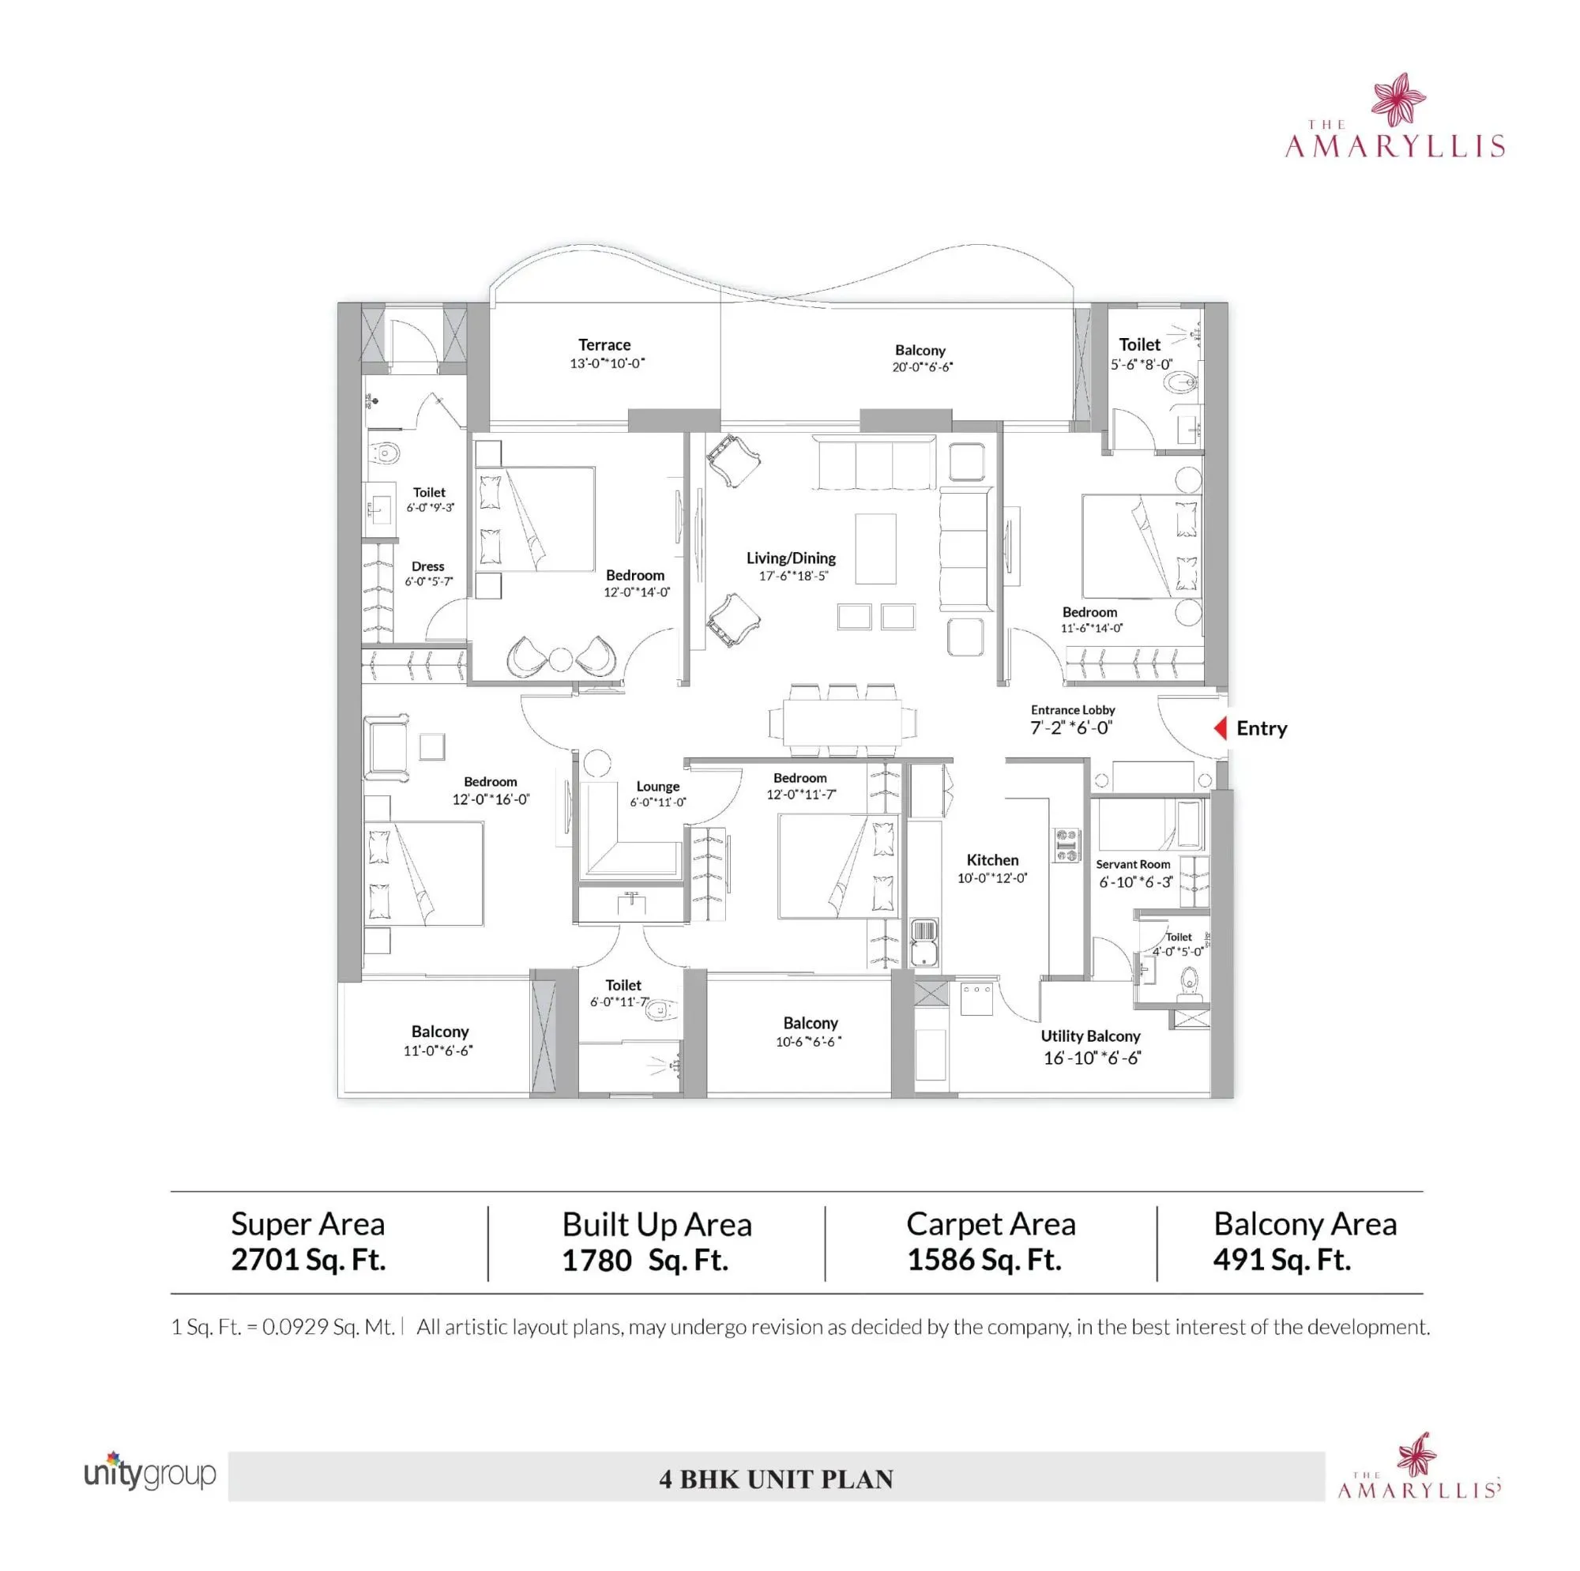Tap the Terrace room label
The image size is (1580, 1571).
click(x=604, y=344)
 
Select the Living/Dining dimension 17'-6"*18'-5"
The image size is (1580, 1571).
click(x=792, y=576)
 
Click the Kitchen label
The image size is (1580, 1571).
click(x=992, y=859)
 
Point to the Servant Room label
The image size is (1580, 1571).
click(x=1133, y=863)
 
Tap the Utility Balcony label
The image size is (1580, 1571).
click(x=1090, y=1035)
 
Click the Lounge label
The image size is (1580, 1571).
click(x=657, y=786)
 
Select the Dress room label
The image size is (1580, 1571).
click(x=427, y=566)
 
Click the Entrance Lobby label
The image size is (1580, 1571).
click(x=1072, y=710)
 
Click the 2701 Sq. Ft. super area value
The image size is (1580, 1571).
click(x=308, y=1260)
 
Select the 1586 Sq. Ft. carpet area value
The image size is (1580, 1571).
click(x=984, y=1260)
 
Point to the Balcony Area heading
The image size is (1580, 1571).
click(x=1304, y=1223)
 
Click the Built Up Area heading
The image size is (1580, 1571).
click(x=656, y=1224)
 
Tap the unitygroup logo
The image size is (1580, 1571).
click(x=149, y=1475)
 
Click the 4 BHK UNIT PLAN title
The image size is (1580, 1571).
click(x=776, y=1479)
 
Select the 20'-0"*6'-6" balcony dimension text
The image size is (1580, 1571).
click(x=922, y=367)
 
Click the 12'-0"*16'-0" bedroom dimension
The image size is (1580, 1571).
click(x=491, y=799)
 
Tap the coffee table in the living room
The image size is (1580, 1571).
click(x=875, y=548)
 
